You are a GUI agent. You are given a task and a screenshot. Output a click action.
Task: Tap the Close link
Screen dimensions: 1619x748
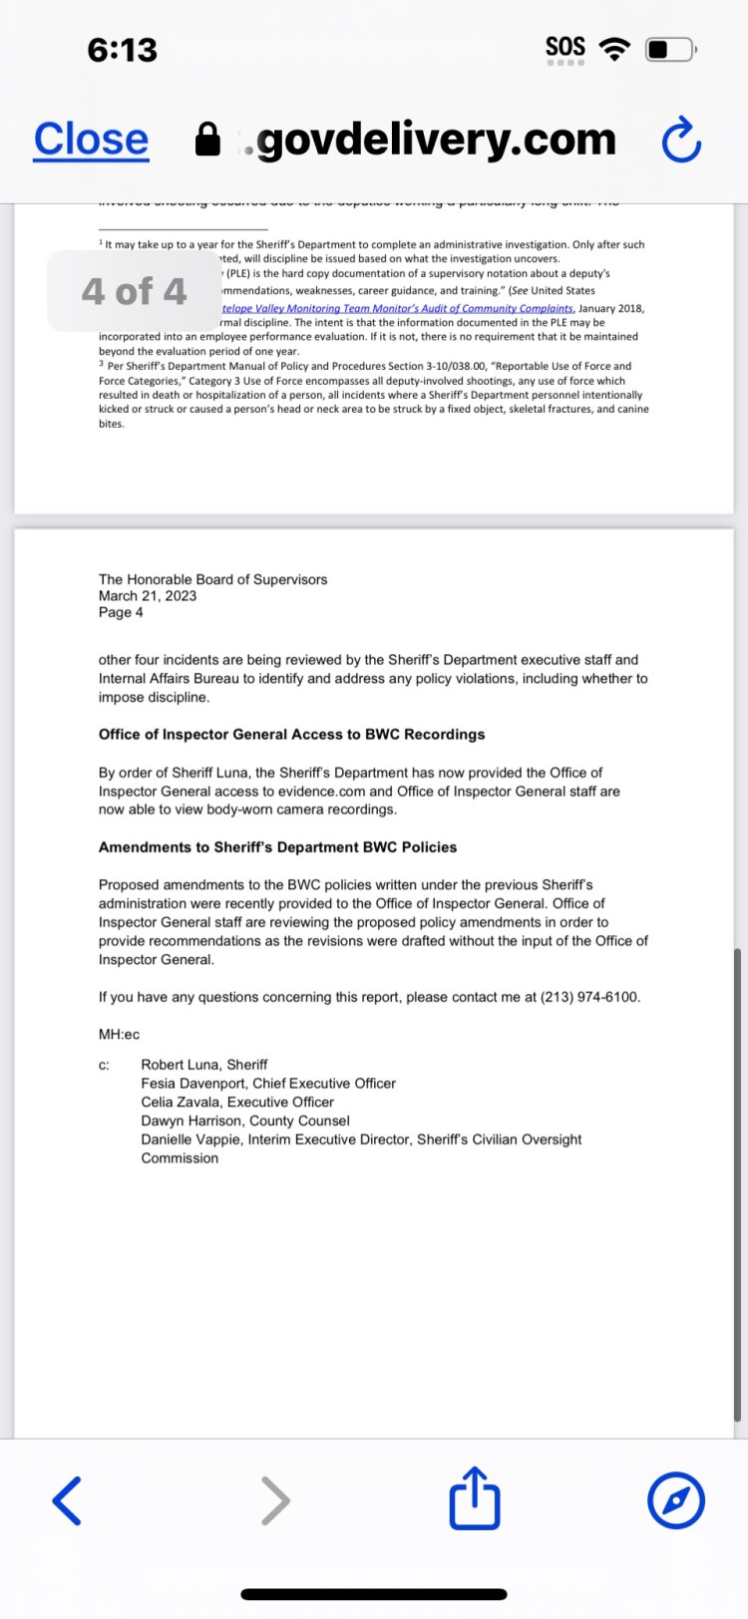pos(91,140)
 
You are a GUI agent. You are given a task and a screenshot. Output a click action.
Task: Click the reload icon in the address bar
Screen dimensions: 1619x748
pos(682,141)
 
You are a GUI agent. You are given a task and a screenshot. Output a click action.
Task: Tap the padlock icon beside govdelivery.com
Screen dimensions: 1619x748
pos(207,141)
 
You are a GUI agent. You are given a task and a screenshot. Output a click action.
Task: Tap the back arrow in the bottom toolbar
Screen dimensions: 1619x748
pos(67,1499)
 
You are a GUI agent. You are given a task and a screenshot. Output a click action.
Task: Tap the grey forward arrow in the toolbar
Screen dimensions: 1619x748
pos(275,1499)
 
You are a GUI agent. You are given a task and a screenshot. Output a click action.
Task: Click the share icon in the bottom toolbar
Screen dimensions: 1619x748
pos(474,1497)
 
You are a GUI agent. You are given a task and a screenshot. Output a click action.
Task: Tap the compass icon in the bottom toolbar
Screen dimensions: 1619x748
pos(676,1499)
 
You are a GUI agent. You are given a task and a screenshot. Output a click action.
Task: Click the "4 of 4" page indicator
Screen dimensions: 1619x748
pos(134,291)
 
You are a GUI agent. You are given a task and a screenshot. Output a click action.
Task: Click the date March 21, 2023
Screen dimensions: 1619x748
pos(148,596)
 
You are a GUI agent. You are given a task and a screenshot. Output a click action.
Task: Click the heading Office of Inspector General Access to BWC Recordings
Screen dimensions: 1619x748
pos(291,735)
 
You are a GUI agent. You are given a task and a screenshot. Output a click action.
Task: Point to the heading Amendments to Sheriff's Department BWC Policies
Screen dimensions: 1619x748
pos(277,847)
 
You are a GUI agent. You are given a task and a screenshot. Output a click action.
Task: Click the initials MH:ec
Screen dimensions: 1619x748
pos(119,1035)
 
